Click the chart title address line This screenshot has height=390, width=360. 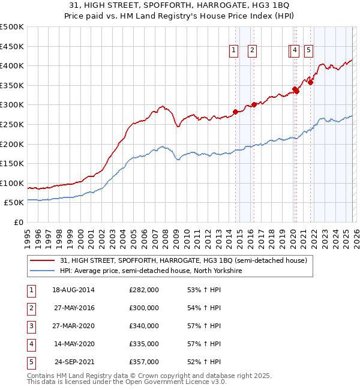click(179, 5)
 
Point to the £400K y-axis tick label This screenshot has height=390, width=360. click(12, 66)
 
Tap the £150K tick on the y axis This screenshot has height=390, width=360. click(12, 163)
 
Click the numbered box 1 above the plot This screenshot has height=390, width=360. click(233, 51)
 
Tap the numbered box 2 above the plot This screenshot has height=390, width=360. click(252, 51)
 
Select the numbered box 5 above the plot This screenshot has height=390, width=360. click(308, 51)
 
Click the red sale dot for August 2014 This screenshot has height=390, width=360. click(236, 112)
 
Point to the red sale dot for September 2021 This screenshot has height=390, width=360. click(310, 83)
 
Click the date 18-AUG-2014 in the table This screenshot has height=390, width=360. click(73, 289)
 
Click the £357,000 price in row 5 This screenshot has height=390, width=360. click(144, 362)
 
